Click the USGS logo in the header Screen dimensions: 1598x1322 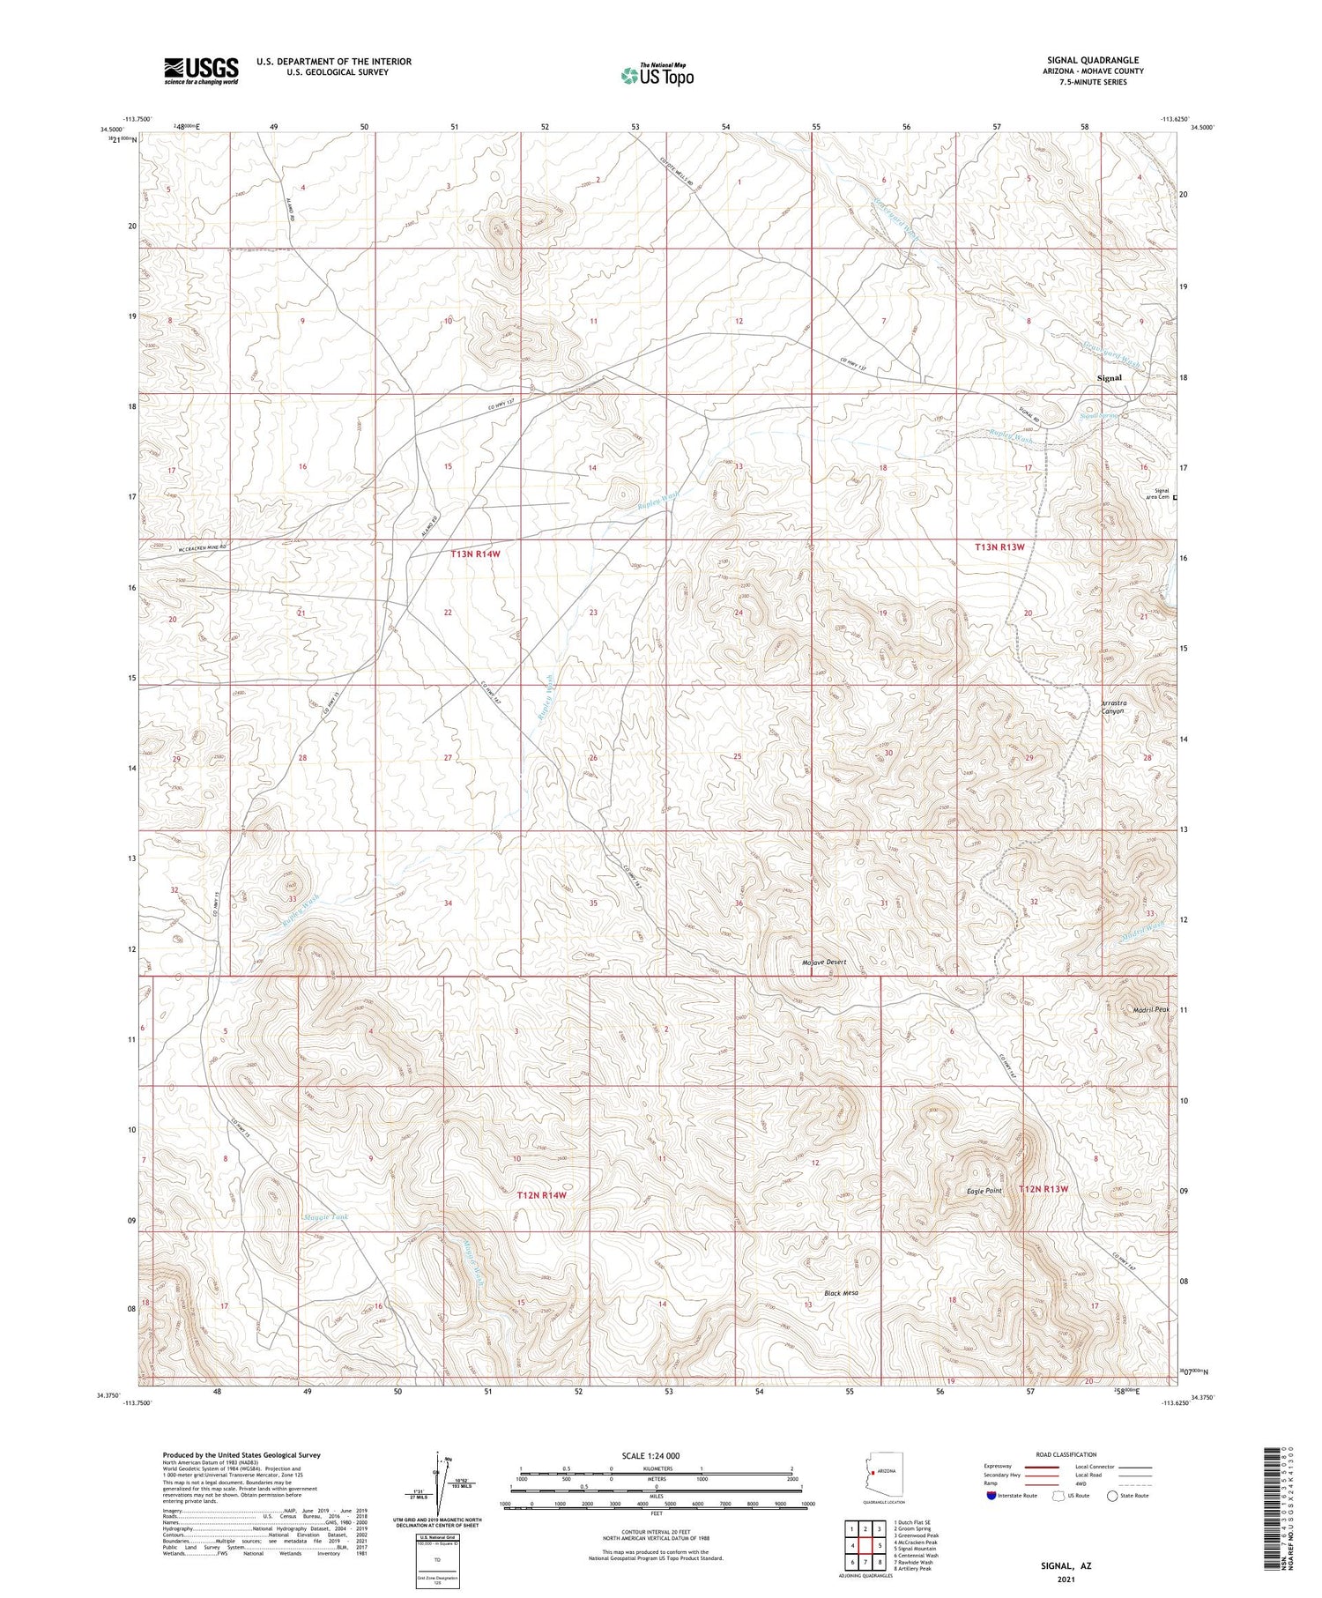(x=201, y=71)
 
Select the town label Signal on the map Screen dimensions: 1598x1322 (x=1109, y=377)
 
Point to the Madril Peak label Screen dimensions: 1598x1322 (x=1150, y=1009)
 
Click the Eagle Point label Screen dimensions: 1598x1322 (x=984, y=1190)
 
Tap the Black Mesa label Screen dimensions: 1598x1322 (x=841, y=1292)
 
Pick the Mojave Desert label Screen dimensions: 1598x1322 (x=824, y=962)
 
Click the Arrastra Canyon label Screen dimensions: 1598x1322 (x=1113, y=707)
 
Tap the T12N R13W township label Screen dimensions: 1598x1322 (x=1043, y=1188)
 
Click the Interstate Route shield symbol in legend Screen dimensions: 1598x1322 (x=991, y=1495)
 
